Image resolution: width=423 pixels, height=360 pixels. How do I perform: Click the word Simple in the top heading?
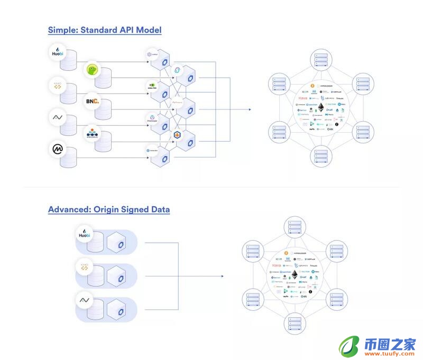[x=61, y=30]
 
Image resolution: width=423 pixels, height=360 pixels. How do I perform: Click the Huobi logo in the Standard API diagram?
[x=57, y=53]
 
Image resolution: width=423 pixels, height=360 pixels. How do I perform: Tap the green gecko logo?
[x=93, y=69]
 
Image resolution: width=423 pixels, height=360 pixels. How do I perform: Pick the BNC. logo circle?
[x=93, y=100]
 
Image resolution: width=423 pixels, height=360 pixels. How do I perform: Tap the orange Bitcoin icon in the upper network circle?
[x=312, y=85]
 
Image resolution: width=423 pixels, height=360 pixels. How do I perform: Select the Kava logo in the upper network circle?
[x=303, y=98]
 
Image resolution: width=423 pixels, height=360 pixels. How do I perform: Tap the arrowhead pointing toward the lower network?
[x=222, y=276]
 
